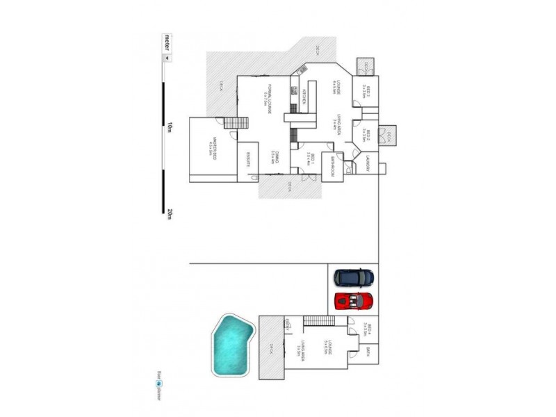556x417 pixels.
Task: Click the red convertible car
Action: pyautogui.click(x=354, y=302)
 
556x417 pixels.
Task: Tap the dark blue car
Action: pyautogui.click(x=354, y=278)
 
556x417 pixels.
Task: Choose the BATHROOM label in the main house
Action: pyautogui.click(x=334, y=167)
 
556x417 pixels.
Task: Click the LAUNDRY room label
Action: pyautogui.click(x=366, y=166)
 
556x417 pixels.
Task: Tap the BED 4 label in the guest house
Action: pyautogui.click(x=363, y=328)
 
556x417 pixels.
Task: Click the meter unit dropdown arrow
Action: pyautogui.click(x=166, y=58)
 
